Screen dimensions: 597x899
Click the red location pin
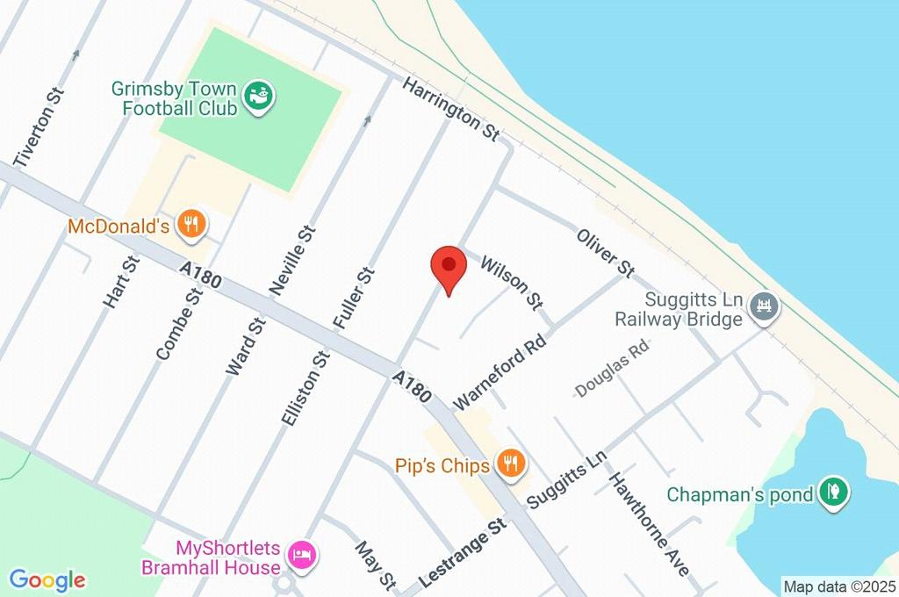pos(449,266)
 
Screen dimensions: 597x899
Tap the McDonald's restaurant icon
pos(191,226)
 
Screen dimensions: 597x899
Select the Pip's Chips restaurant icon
pos(510,464)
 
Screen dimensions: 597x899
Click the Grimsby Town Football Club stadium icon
pos(259,95)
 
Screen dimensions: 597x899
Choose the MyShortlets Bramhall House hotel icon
pos(303,555)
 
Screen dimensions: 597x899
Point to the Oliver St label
pos(605,252)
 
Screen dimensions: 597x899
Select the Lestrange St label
pos(464,553)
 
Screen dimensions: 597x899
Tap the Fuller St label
pos(355,298)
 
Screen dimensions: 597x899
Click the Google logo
pos(47,580)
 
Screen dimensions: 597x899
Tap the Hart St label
pos(121,282)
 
